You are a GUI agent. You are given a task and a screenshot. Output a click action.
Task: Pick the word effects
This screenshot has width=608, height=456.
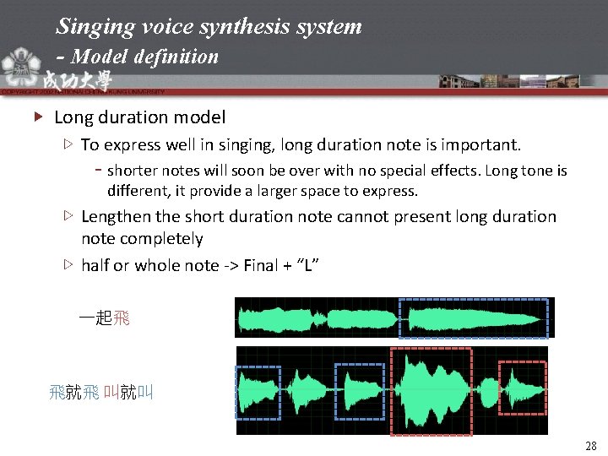437,171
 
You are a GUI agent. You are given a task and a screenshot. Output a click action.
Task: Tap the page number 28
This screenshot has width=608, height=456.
590,445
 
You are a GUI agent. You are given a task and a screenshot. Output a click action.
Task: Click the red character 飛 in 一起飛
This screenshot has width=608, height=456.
122,318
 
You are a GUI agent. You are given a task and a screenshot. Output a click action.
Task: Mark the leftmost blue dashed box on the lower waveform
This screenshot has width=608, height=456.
258,391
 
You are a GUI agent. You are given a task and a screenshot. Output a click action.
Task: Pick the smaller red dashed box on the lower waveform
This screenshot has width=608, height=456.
522,388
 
